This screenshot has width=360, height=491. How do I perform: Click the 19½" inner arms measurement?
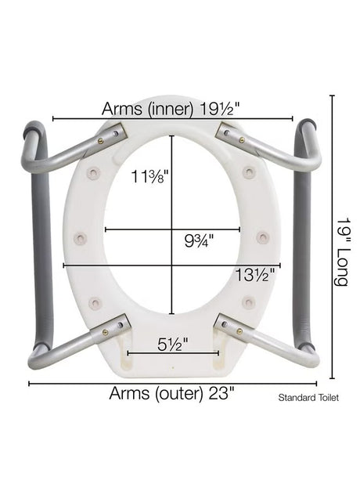click(x=220, y=109)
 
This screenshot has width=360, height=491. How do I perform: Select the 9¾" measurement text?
click(x=199, y=240)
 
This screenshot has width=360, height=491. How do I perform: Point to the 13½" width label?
click(x=255, y=275)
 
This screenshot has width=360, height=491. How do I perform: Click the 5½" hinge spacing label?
click(x=173, y=345)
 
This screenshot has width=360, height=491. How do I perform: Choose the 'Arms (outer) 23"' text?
click(x=171, y=393)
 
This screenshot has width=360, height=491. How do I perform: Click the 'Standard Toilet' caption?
click(x=308, y=398)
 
